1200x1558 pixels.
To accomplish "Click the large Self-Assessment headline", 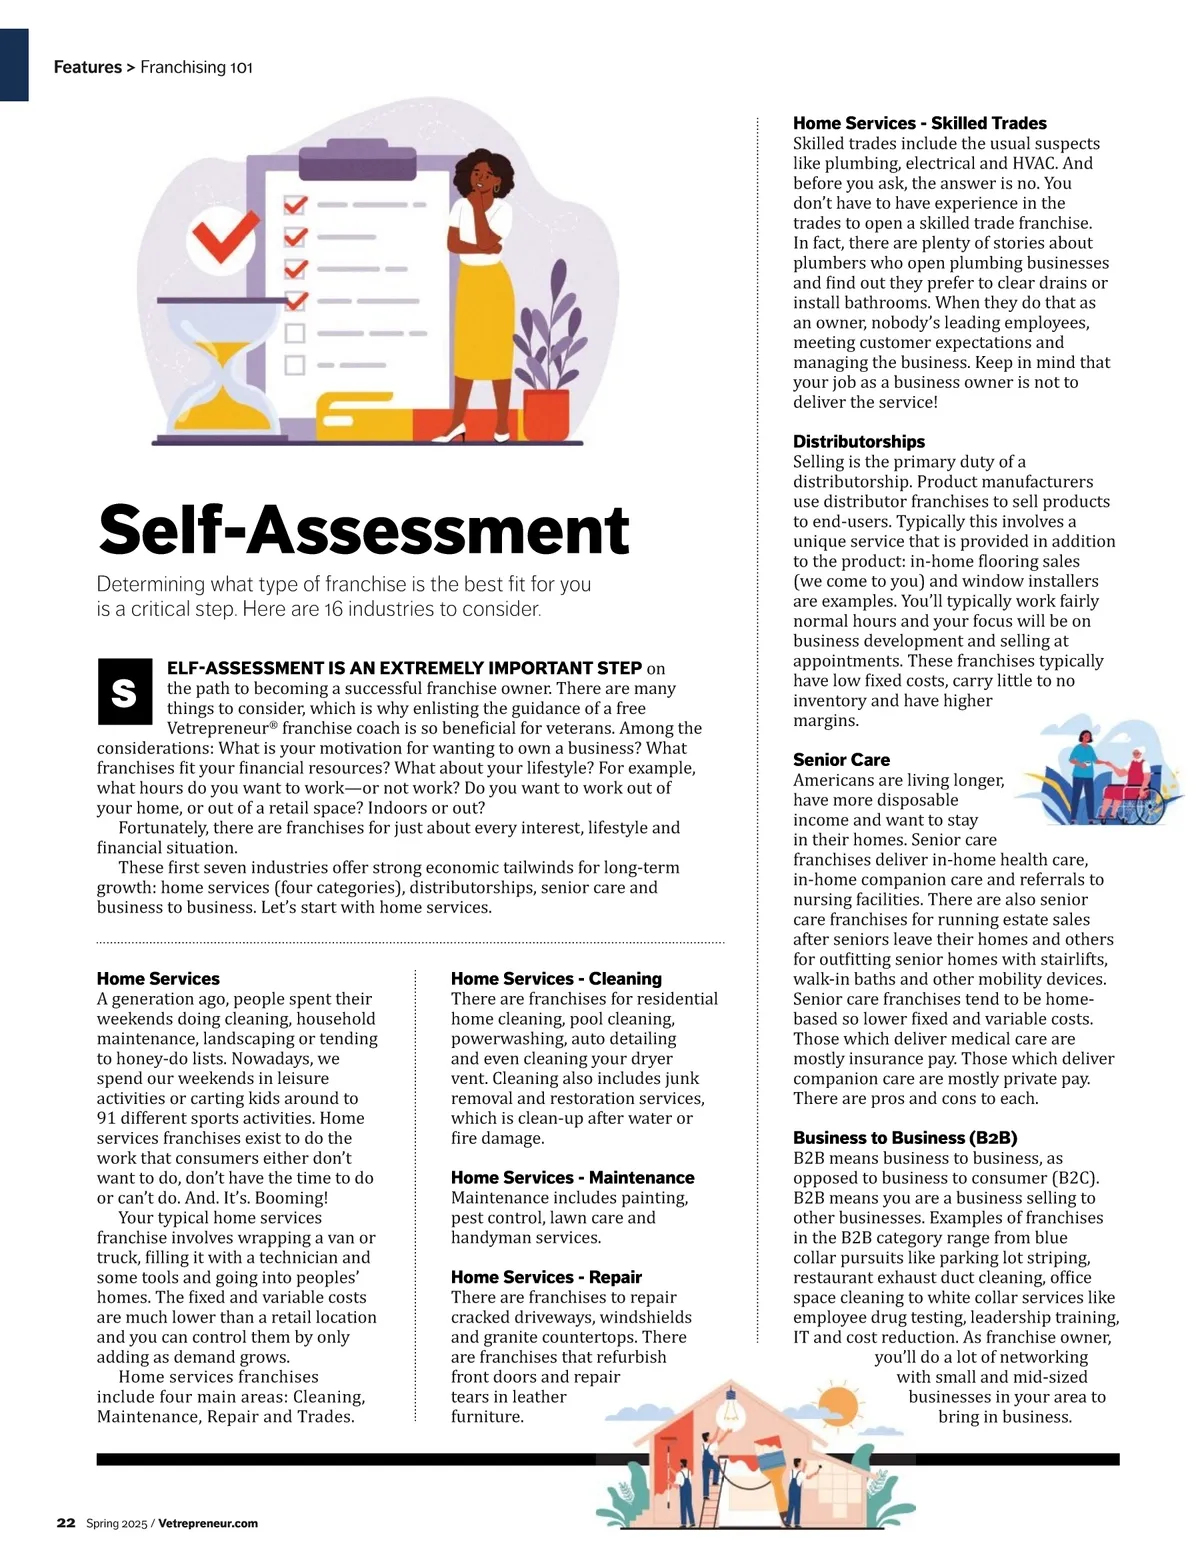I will [x=363, y=530].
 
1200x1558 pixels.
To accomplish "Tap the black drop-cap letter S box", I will [x=124, y=692].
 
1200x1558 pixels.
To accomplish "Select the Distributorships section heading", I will [x=859, y=441].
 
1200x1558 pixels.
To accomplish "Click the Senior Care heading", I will [x=841, y=760].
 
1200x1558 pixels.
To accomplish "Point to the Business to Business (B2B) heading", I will [x=905, y=1138].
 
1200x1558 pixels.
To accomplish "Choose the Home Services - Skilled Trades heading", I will [x=919, y=123].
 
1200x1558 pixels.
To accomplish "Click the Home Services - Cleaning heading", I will [x=556, y=979].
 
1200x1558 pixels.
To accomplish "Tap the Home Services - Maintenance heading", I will [x=572, y=1178].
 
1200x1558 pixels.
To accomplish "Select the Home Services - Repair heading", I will [x=546, y=1277].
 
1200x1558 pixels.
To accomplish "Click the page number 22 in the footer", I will [x=66, y=1523].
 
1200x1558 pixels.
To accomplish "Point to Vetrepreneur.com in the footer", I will [x=208, y=1523].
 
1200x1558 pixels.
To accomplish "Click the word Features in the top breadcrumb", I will [x=87, y=67].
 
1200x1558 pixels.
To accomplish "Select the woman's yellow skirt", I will [x=485, y=330].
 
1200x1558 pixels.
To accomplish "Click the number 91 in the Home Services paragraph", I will [x=107, y=1118].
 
